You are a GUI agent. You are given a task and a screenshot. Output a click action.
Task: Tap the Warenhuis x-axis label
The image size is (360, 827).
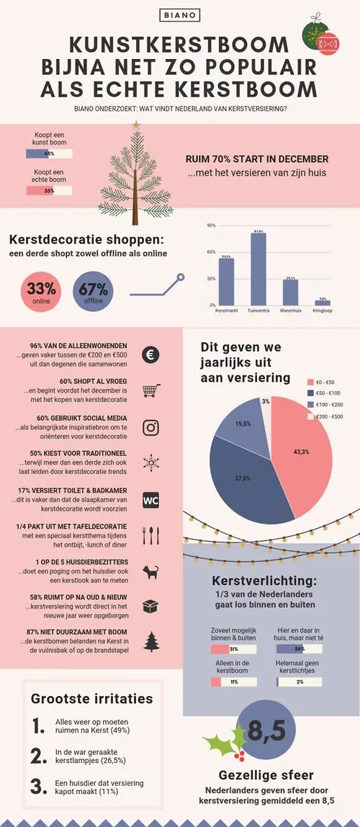(290, 311)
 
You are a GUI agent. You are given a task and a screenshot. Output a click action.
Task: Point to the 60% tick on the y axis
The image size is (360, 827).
(212, 252)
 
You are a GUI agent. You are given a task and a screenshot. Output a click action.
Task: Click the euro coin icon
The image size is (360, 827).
(151, 354)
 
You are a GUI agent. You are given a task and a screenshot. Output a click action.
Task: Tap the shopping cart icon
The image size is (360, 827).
(151, 390)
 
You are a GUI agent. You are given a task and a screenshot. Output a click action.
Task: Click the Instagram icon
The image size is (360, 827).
(151, 427)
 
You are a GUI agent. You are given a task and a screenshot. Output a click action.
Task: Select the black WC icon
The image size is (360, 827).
(151, 499)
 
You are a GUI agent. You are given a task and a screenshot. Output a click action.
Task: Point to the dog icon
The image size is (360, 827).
(151, 571)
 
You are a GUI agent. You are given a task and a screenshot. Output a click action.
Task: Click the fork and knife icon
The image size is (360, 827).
(151, 535)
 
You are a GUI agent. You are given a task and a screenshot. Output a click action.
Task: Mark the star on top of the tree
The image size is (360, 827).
(136, 125)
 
